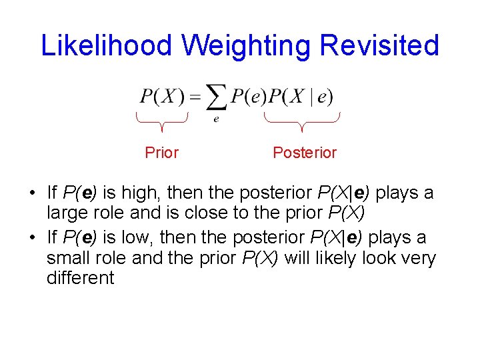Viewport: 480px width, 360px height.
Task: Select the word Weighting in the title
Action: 247,45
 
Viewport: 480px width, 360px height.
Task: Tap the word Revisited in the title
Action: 379,45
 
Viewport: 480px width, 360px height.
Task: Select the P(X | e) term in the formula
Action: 301,97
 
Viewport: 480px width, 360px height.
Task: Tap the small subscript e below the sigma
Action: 216,119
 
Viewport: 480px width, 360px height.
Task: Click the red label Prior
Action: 162,153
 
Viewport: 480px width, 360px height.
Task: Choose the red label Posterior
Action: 305,153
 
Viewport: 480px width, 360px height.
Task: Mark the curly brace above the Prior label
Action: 162,121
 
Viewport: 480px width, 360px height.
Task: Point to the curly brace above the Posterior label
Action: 302,121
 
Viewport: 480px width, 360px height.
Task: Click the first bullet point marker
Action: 32,194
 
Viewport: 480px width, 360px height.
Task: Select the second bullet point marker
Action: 32,238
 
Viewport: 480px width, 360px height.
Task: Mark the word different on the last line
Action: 81,278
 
